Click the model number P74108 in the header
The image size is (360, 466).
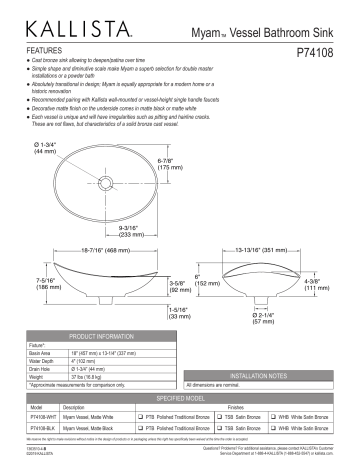click(x=319, y=47)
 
